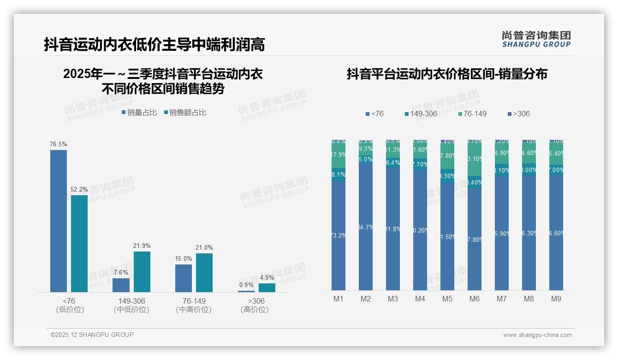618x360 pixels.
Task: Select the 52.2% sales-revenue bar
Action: click(x=79, y=243)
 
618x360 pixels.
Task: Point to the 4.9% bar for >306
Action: click(x=267, y=288)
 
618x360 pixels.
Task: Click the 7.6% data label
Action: click(x=121, y=272)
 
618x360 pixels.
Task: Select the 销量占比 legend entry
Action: click(x=139, y=113)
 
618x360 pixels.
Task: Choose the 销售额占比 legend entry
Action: click(x=185, y=113)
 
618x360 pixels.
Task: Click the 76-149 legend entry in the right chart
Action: click(x=473, y=114)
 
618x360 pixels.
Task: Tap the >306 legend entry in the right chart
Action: click(x=519, y=114)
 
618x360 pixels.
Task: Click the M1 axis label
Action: click(x=339, y=299)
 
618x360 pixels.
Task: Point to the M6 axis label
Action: click(x=475, y=299)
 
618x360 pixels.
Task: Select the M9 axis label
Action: click(x=556, y=299)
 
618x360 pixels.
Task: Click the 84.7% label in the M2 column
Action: click(x=366, y=227)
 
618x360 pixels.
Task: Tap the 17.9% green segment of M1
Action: click(x=339, y=155)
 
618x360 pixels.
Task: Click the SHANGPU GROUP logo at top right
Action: click(x=536, y=39)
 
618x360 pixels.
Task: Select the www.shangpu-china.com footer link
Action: click(x=537, y=335)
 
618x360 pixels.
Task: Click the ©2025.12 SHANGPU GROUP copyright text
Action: click(x=92, y=335)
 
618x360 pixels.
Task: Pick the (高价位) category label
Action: click(x=254, y=310)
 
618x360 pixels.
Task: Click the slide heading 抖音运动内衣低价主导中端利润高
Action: click(x=154, y=45)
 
